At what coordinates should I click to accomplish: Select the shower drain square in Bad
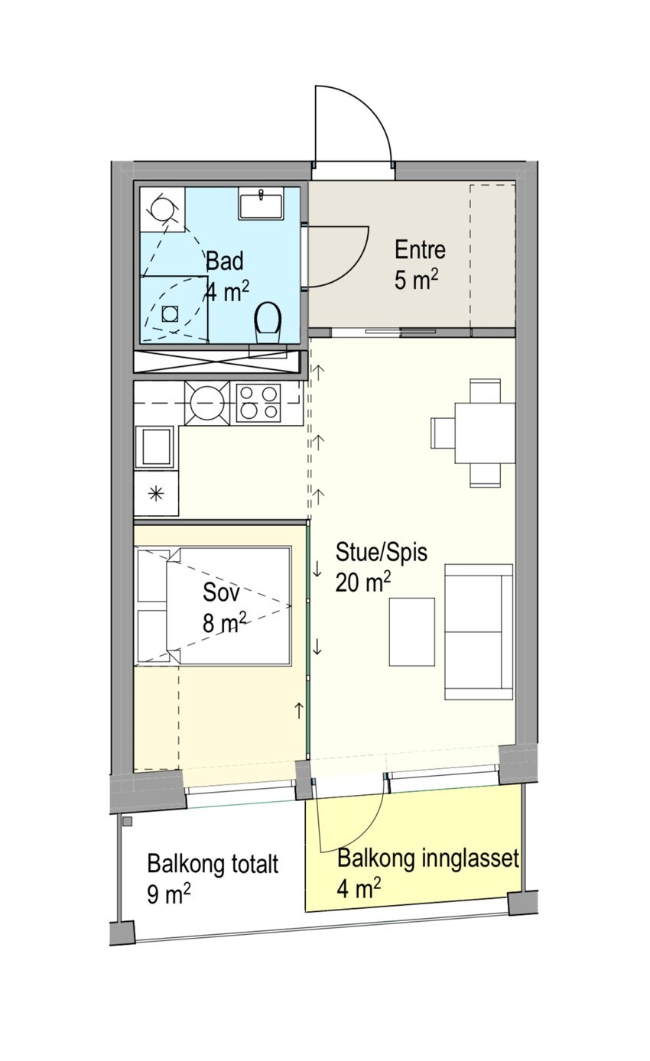(170, 312)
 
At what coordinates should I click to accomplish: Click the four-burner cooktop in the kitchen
(258, 402)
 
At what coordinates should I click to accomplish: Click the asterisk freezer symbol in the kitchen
(155, 493)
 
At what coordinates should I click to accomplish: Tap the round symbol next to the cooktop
(206, 402)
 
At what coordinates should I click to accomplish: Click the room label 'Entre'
(420, 250)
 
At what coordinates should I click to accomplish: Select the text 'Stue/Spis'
(381, 552)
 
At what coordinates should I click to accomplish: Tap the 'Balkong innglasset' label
(428, 858)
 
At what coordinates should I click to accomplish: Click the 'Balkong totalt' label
(213, 865)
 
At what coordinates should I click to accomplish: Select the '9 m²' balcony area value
(169, 894)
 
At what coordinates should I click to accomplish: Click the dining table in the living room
(484, 433)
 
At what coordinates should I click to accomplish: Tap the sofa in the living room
(479, 631)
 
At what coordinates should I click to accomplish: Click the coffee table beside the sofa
(411, 631)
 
